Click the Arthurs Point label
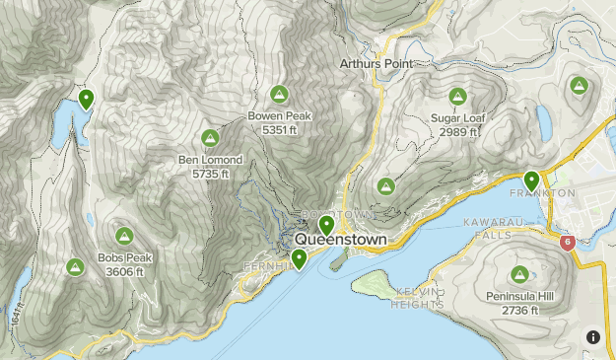tap(374, 63)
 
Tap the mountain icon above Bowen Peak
tap(279, 94)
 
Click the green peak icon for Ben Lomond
tap(209, 138)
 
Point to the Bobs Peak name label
tap(124, 258)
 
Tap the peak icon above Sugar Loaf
tap(457, 97)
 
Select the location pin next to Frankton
tap(531, 180)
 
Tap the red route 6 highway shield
tap(567, 242)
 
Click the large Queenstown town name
tap(340, 240)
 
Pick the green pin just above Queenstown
tap(326, 225)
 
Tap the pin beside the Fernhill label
tap(298, 258)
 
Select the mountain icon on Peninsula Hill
tap(519, 274)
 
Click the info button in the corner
tap(592, 336)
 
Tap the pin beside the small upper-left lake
tap(86, 99)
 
